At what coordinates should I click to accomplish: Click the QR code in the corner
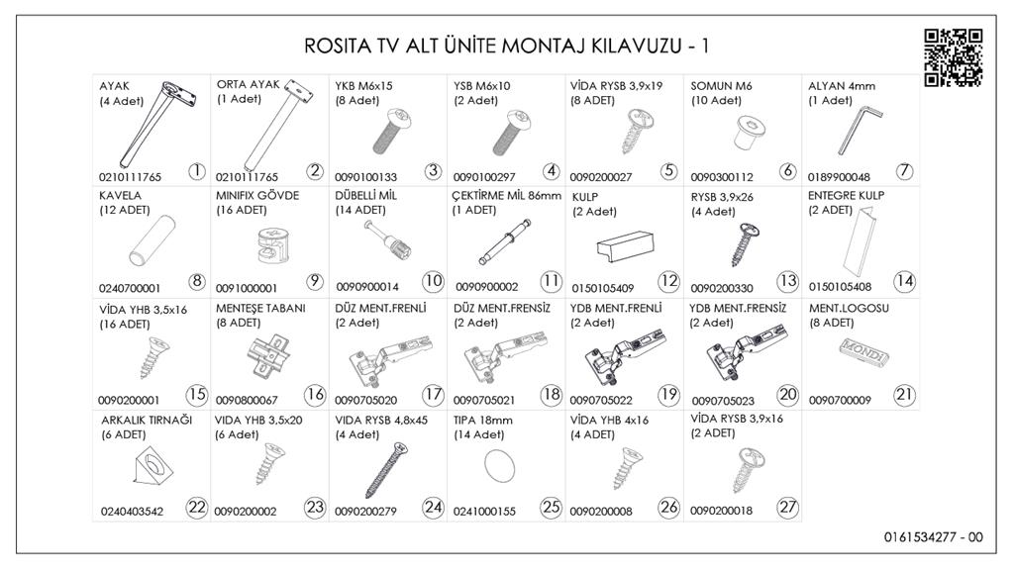coord(953,57)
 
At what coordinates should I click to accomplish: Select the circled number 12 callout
coord(669,281)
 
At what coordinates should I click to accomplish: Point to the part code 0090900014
coord(367,287)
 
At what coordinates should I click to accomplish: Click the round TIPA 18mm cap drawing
coord(501,465)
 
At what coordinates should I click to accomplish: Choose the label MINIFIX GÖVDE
coord(257,196)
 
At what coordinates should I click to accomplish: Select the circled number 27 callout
coord(788,508)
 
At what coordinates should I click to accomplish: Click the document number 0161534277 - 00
coord(934,538)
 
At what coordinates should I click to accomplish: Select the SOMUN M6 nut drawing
coord(737,135)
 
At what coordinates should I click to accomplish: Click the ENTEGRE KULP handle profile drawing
coord(859,247)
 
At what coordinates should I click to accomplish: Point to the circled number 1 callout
coord(196,171)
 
